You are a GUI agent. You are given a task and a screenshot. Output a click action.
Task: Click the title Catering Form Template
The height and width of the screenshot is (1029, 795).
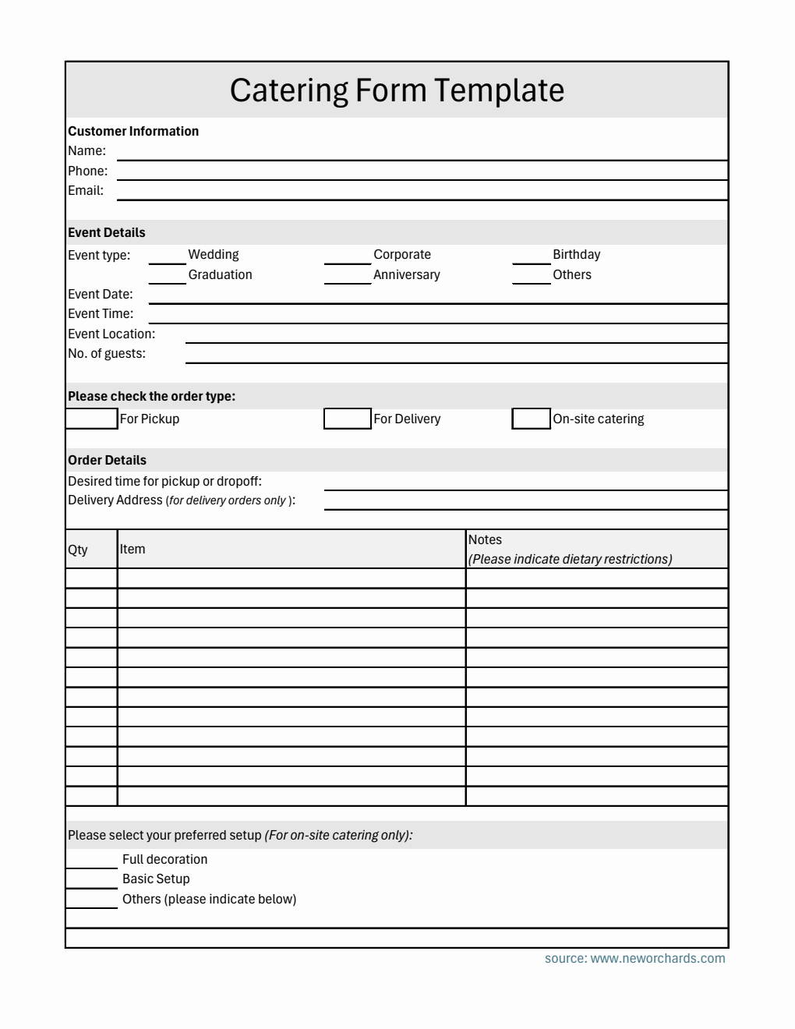pyautogui.click(x=397, y=90)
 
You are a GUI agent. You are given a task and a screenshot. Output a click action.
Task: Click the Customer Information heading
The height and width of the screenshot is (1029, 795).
pyautogui.click(x=133, y=131)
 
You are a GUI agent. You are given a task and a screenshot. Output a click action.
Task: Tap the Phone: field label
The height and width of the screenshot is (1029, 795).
pyautogui.click(x=87, y=171)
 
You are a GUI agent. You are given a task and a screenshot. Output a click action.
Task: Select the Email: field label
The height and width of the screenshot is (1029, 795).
pyautogui.click(x=86, y=190)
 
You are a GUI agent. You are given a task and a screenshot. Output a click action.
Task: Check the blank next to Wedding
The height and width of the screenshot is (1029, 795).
pyautogui.click(x=167, y=257)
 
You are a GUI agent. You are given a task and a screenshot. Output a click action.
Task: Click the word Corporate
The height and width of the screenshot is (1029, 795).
pyautogui.click(x=401, y=254)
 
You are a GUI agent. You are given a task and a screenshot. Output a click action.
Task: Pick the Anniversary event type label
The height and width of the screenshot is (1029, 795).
pyautogui.click(x=406, y=274)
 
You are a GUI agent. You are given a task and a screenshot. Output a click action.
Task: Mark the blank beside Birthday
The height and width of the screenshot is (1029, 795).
pyautogui.click(x=532, y=257)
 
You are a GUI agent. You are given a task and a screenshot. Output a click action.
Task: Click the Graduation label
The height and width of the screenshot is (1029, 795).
pyautogui.click(x=220, y=274)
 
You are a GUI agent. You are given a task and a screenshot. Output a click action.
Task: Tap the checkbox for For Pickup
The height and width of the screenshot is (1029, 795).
pyautogui.click(x=91, y=419)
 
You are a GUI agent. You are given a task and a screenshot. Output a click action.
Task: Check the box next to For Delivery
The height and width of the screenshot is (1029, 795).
pyautogui.click(x=348, y=419)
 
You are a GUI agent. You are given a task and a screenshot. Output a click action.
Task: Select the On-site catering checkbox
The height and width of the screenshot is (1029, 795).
pyautogui.click(x=532, y=419)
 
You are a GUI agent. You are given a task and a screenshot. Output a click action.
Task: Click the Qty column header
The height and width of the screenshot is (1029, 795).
pyautogui.click(x=78, y=550)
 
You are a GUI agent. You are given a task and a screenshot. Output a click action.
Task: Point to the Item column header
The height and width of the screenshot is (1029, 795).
pyautogui.click(x=132, y=549)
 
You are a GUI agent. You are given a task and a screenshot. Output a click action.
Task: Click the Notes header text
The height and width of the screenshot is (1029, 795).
pyautogui.click(x=485, y=539)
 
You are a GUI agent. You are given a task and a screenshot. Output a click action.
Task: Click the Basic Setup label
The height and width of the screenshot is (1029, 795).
pyautogui.click(x=156, y=879)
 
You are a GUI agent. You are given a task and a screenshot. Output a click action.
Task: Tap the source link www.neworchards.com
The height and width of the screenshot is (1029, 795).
pyautogui.click(x=657, y=958)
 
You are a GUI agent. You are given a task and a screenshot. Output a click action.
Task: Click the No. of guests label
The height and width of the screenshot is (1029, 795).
pyautogui.click(x=107, y=353)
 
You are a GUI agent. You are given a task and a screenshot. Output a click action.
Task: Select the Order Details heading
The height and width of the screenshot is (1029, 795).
pyautogui.click(x=107, y=460)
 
